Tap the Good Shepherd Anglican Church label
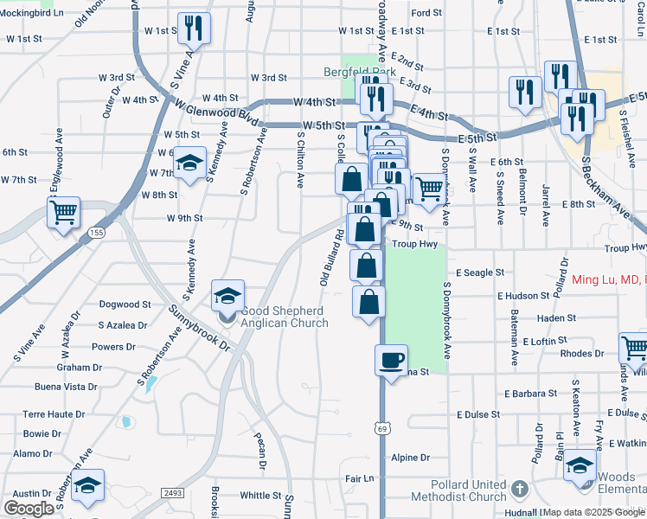[285, 317]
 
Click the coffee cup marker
[391, 358]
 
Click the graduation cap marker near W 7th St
[189, 163]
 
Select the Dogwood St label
[125, 304]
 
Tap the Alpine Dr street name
[410, 458]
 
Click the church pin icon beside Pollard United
[519, 489]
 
